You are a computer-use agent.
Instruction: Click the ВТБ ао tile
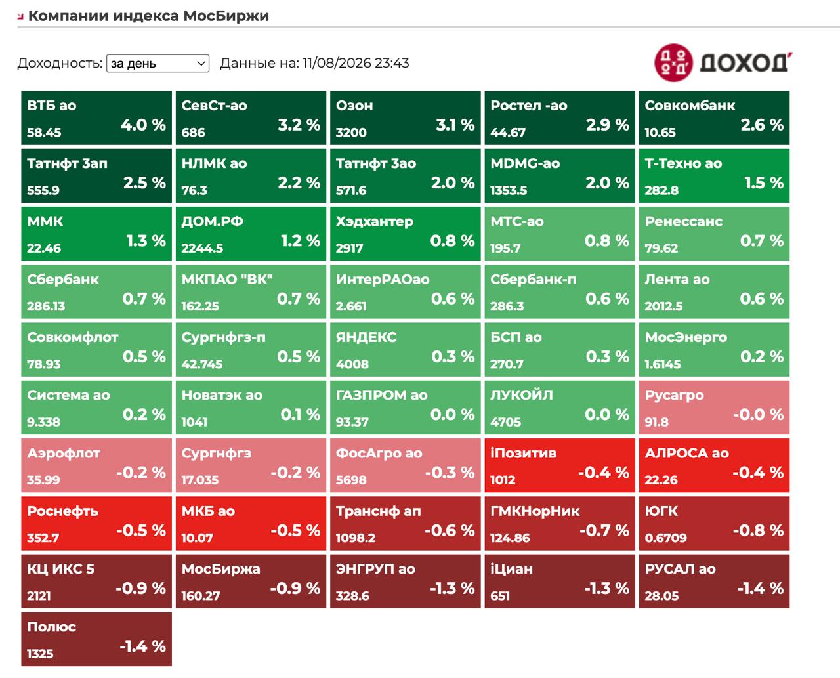[96, 118]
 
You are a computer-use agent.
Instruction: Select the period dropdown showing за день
[157, 63]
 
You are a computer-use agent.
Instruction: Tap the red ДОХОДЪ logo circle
[673, 63]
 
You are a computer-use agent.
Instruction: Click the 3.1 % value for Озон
[455, 125]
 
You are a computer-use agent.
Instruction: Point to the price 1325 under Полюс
[40, 654]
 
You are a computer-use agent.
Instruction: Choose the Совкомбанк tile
[714, 118]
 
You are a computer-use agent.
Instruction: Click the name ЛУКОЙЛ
[521, 395]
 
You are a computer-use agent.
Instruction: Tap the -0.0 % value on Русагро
[758, 415]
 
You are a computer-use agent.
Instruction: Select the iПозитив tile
[560, 465]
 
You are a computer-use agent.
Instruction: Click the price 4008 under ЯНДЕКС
[352, 364]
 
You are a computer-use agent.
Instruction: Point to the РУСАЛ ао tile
[714, 582]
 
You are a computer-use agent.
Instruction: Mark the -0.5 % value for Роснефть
[141, 530]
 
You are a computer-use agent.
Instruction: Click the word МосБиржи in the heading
[226, 16]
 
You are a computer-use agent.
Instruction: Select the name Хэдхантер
[374, 222]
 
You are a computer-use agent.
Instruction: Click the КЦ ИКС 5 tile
[96, 582]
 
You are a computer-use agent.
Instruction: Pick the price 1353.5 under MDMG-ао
[509, 190]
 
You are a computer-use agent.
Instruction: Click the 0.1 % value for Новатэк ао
[300, 415]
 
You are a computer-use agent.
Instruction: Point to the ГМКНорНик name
[535, 511]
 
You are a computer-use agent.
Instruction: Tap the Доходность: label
[60, 63]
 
